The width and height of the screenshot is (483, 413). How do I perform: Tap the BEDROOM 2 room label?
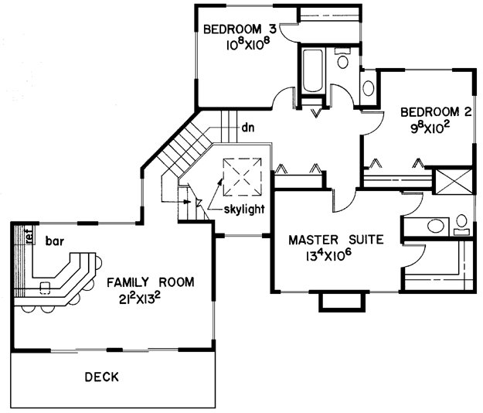pyautogui.click(x=436, y=112)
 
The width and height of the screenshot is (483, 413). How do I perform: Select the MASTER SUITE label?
pyautogui.click(x=336, y=240)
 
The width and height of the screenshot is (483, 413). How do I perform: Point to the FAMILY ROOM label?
pyautogui.click(x=151, y=282)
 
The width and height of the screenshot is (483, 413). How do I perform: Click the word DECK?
pyautogui.click(x=102, y=377)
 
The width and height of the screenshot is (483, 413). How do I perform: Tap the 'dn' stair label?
pyautogui.click(x=248, y=128)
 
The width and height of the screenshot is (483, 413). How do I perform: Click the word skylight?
pyautogui.click(x=244, y=210)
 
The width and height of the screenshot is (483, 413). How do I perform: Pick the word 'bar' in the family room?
pyautogui.click(x=55, y=241)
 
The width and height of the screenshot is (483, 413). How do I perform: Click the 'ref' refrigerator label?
pyautogui.click(x=29, y=237)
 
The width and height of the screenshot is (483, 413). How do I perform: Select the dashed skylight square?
pyautogui.click(x=243, y=177)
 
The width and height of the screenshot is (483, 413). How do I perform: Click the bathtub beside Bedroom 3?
pyautogui.click(x=313, y=70)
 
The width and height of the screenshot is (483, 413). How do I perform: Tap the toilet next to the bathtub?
pyautogui.click(x=343, y=59)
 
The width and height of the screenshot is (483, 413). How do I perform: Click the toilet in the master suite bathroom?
pyautogui.click(x=461, y=225)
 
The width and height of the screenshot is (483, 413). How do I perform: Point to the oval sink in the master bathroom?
pyautogui.click(x=436, y=226)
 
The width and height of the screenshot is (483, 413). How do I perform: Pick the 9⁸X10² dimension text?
pyautogui.click(x=429, y=128)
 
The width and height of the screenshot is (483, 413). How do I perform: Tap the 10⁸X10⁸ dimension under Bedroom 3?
pyautogui.click(x=248, y=45)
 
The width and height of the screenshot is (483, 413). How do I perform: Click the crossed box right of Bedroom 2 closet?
pyautogui.click(x=453, y=181)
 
